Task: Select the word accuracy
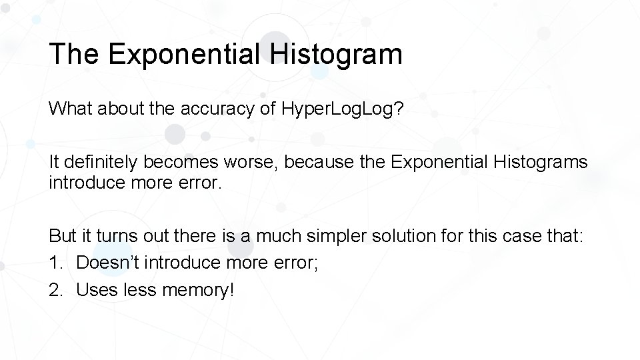tap(215, 109)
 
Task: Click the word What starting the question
tap(72, 109)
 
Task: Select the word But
tap(63, 235)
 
